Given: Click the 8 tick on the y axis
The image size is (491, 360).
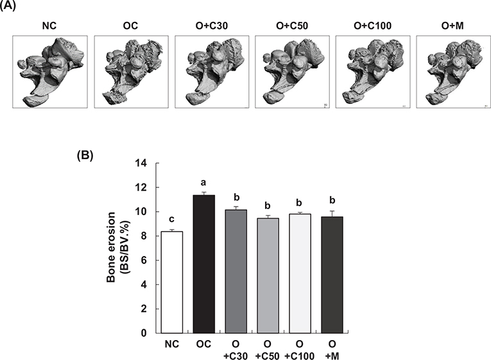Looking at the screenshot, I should point(144,236).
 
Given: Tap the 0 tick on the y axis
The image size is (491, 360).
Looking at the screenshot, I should point(144,333).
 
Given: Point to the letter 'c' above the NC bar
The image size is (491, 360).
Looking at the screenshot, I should point(172,220).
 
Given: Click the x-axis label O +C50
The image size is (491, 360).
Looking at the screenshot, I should point(268,350).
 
